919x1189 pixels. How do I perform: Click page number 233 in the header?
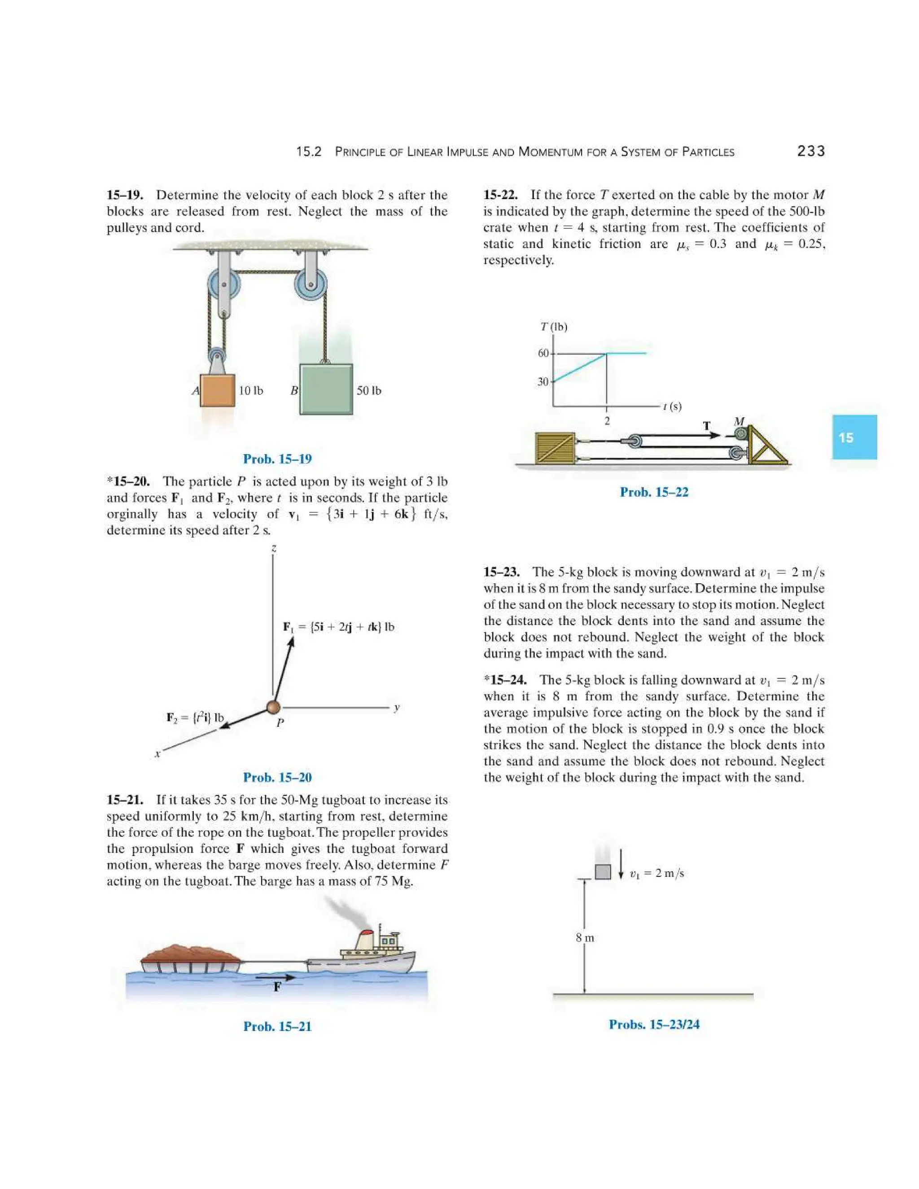811,151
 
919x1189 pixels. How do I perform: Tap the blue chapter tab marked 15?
853,437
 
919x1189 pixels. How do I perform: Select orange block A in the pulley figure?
217,390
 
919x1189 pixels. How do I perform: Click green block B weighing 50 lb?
326,389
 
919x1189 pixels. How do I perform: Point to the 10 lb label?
250,391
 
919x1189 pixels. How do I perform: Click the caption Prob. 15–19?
277,459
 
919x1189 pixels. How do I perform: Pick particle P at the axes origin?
273,707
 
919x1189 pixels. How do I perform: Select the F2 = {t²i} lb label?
195,717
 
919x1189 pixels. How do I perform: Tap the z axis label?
274,548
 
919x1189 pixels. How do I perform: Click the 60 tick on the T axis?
543,353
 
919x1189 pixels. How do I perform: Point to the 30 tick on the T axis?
543,382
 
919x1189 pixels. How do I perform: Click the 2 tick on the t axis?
607,421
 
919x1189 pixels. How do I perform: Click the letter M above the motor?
739,421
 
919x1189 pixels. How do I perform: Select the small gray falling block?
603,872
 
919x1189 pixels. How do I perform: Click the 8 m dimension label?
585,937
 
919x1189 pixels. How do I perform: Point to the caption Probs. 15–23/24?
654,1024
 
